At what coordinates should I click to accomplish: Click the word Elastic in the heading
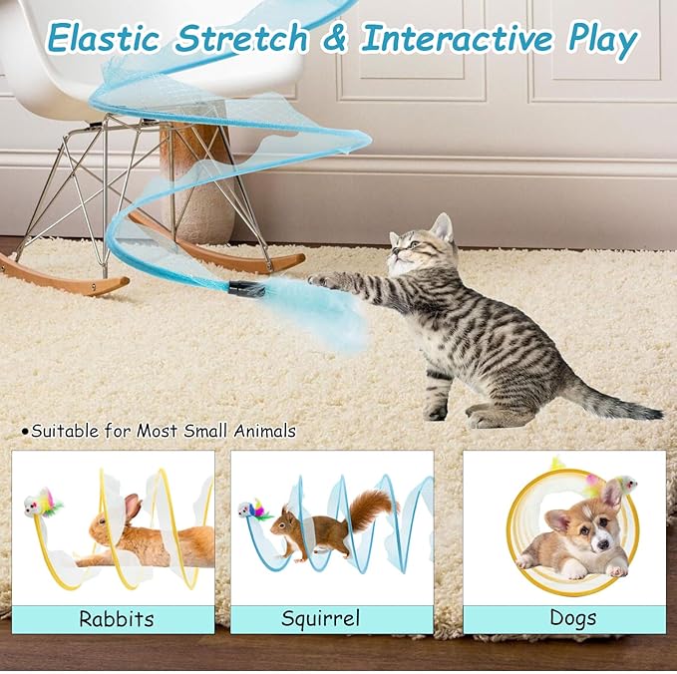pyautogui.click(x=104, y=40)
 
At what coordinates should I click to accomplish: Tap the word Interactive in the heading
pyautogui.click(x=456, y=40)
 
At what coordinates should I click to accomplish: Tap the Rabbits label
pyautogui.click(x=117, y=619)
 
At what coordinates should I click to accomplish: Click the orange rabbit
pyautogui.click(x=140, y=538)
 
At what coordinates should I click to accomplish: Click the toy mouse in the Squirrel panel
pyautogui.click(x=250, y=510)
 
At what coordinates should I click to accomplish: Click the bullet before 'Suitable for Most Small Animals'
pyautogui.click(x=25, y=432)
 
